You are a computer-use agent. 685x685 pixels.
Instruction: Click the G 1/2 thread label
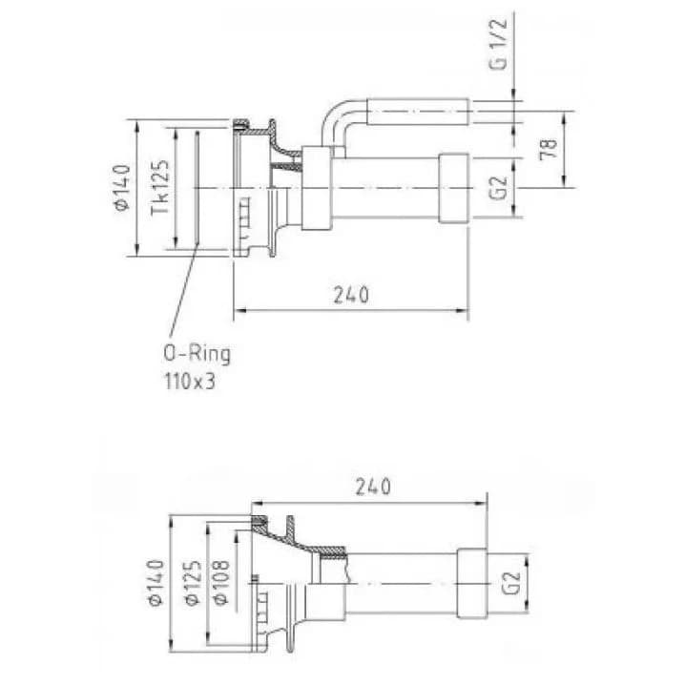(498, 44)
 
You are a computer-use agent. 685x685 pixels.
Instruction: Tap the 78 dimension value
(549, 149)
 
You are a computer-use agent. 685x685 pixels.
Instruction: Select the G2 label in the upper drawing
(498, 187)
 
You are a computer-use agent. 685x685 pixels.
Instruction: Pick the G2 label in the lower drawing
(511, 582)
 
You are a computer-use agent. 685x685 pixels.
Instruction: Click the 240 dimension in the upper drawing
(351, 295)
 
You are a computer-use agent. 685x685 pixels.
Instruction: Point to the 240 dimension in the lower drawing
(373, 487)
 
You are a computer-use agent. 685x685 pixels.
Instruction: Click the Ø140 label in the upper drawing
(122, 188)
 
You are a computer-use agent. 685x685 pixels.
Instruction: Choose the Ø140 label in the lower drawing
(156, 582)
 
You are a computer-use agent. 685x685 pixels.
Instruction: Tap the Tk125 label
(160, 187)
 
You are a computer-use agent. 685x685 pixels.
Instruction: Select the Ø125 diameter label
(193, 582)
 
